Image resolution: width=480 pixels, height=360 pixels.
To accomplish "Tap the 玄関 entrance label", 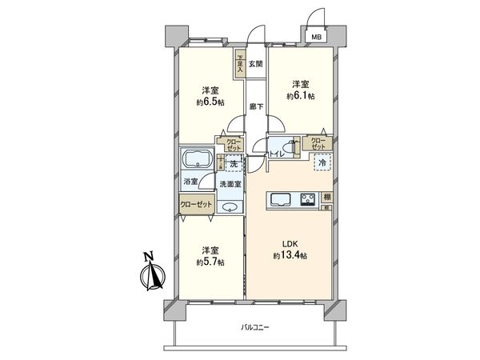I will [x=255, y=64].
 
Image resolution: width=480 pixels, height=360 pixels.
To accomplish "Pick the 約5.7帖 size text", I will [x=211, y=261].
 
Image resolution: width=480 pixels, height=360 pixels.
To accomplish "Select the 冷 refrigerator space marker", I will [x=322, y=163].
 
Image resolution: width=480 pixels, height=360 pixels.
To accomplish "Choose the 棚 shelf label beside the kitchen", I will [x=327, y=198].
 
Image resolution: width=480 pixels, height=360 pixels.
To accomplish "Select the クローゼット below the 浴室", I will [x=197, y=205].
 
